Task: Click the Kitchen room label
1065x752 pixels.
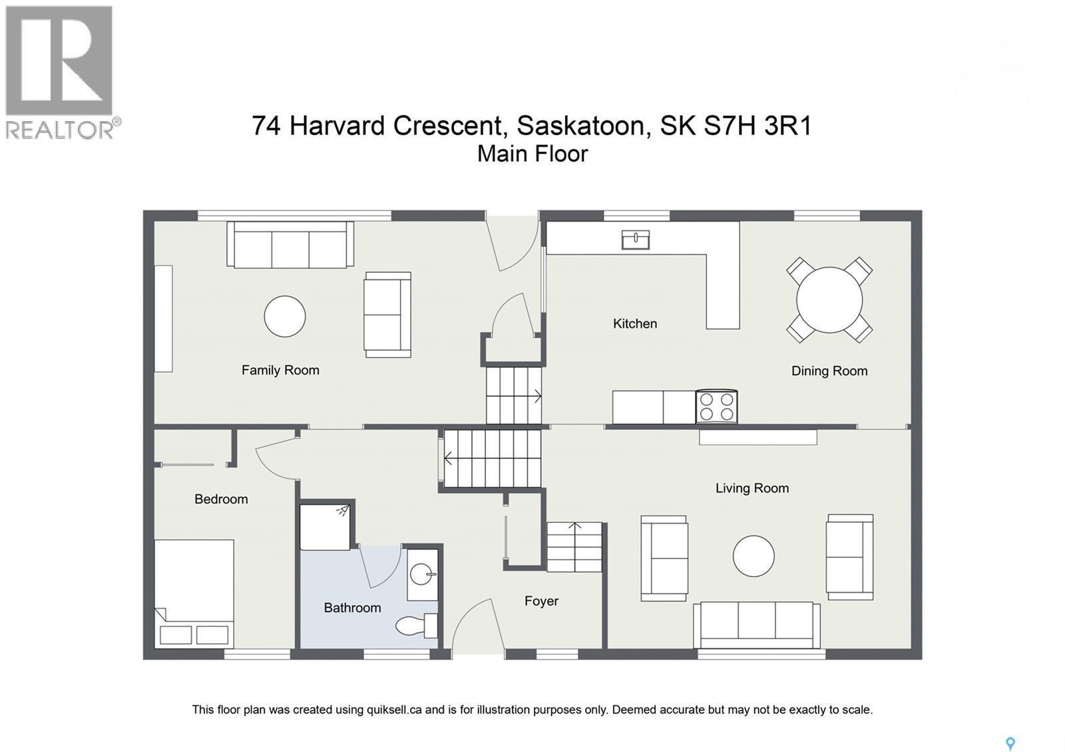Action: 634,323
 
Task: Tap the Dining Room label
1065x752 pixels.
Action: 829,371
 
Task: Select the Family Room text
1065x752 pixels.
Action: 280,370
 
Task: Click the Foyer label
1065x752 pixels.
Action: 541,601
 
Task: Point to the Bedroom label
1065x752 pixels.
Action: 221,499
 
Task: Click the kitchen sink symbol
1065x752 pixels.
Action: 635,240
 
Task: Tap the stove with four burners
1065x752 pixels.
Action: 716,407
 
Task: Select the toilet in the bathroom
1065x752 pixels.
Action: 415,626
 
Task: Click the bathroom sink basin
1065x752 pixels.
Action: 422,573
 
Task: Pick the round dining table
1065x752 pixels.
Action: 829,300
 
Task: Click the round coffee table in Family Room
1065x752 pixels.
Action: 285,316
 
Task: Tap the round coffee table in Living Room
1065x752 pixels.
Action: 753,556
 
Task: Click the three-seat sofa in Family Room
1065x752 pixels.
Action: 290,245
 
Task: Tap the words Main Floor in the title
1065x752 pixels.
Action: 532,154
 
